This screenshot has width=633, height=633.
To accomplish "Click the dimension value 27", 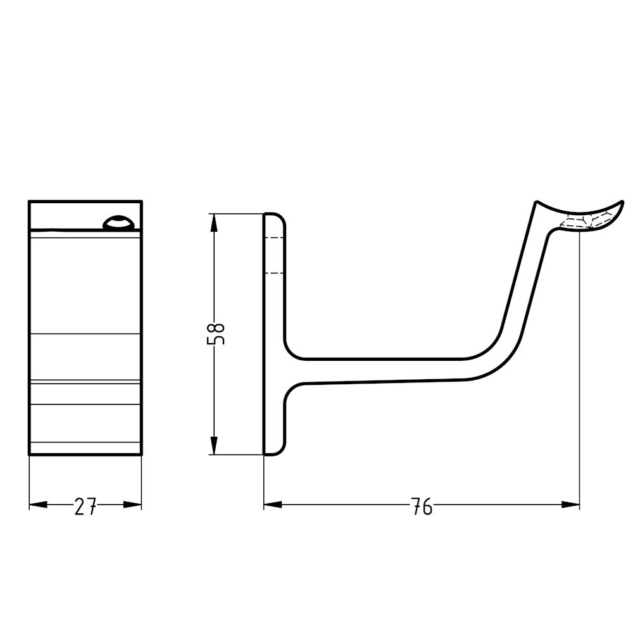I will (85, 506).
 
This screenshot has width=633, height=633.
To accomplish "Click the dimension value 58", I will (216, 334).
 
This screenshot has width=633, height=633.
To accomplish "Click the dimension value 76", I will (422, 506).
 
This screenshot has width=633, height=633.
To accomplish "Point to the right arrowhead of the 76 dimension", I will (571, 505).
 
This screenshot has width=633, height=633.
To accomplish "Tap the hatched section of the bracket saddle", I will (586, 221).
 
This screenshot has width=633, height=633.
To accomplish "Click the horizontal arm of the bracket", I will (380, 371).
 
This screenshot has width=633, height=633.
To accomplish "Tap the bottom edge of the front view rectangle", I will (85, 454).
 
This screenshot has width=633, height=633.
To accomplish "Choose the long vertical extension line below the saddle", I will (579, 380).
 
